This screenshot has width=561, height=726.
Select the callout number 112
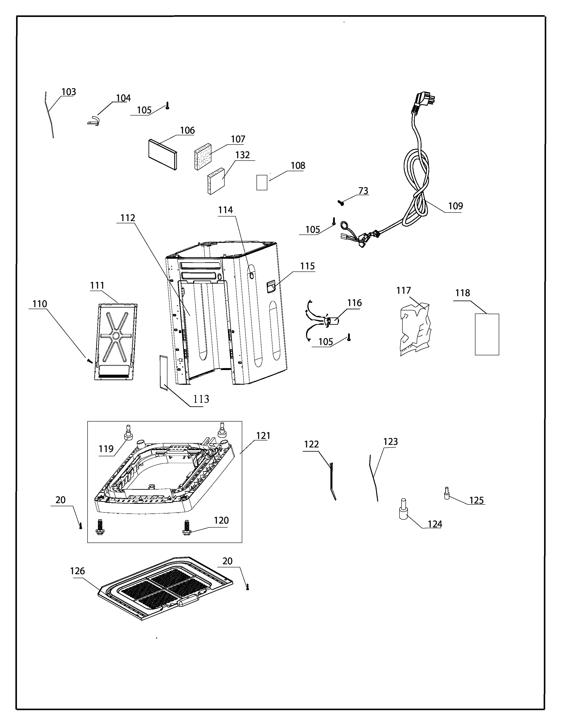(x=128, y=218)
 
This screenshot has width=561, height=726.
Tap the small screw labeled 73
(x=341, y=202)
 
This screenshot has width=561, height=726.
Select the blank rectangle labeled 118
(x=487, y=334)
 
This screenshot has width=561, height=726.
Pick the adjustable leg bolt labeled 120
(x=186, y=528)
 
